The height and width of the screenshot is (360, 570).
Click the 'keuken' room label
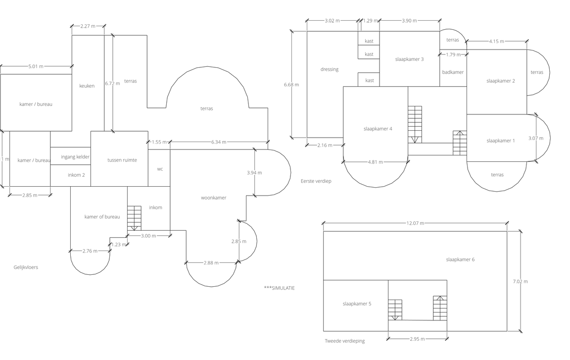(87, 86)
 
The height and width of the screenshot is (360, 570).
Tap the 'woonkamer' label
(214, 198)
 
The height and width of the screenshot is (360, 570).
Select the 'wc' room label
(160, 169)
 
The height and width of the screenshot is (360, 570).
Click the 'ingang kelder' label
(75, 157)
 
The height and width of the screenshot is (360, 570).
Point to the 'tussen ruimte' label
(122, 160)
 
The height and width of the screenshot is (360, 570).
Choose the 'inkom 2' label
(76, 175)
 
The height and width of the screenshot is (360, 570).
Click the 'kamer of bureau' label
(102, 216)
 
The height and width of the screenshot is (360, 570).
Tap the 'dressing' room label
(330, 69)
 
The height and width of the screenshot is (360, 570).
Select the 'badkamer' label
(453, 72)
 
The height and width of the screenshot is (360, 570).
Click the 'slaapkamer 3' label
(409, 59)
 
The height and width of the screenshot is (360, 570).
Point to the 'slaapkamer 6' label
(460, 259)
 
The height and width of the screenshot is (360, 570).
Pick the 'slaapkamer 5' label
(357, 304)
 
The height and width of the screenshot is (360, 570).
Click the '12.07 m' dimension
(415, 223)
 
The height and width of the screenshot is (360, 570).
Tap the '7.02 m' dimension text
(520, 281)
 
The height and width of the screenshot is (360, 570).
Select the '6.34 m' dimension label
(219, 142)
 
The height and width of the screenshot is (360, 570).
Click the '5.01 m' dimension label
(36, 66)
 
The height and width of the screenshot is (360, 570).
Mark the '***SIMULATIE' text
(279, 288)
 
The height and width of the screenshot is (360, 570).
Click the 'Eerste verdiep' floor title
(316, 181)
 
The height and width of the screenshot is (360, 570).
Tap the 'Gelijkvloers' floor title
(26, 267)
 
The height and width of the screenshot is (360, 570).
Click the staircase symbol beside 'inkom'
(134, 218)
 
